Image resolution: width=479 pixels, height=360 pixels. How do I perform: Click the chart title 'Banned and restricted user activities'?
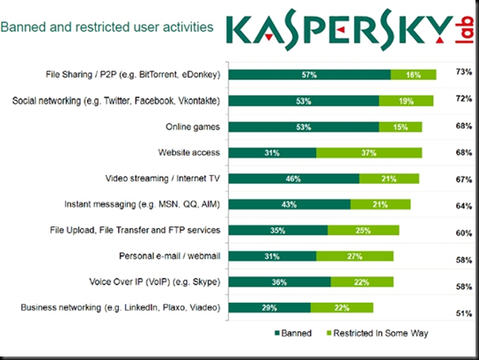click(107, 27)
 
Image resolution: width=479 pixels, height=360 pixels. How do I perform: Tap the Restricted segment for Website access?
click(368, 152)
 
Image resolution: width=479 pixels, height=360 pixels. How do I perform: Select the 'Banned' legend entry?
click(295, 334)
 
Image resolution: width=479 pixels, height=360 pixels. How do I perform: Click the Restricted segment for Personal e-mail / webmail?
click(355, 257)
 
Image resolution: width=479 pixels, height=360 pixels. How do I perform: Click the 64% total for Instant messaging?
click(460, 207)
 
